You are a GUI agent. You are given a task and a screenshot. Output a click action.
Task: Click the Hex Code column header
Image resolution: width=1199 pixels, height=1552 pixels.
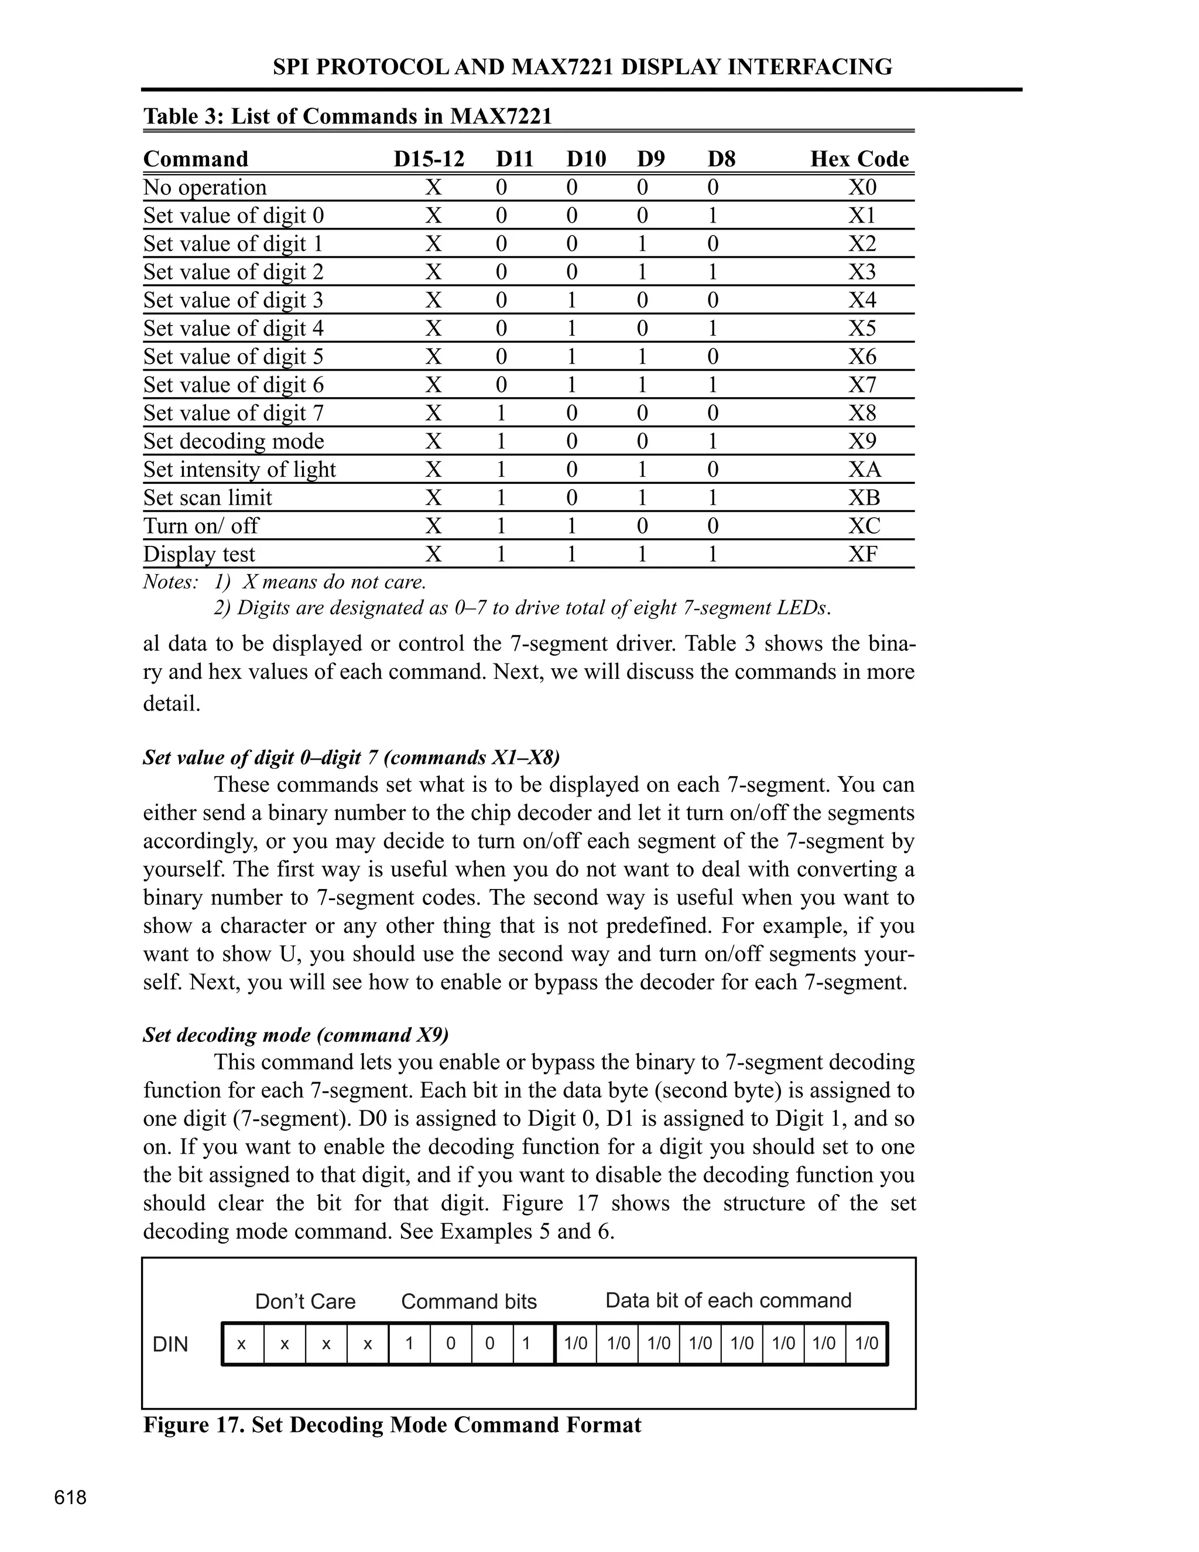click(x=859, y=159)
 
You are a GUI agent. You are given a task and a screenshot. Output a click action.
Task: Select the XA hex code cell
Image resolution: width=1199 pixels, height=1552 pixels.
click(x=864, y=470)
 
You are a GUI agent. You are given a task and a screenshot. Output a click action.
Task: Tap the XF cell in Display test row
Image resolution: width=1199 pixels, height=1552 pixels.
click(x=862, y=554)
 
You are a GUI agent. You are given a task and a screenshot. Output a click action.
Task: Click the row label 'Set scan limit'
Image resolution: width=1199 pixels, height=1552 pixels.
click(x=207, y=497)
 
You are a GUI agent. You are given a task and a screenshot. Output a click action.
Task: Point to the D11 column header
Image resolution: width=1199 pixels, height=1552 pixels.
click(x=514, y=159)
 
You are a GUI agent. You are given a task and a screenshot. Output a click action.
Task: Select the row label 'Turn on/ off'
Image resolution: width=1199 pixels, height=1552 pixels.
click(x=201, y=526)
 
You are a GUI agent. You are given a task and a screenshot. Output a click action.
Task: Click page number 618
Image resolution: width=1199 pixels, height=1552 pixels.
click(x=70, y=1498)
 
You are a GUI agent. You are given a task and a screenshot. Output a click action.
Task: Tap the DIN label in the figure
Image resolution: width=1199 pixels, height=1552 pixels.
click(x=170, y=1345)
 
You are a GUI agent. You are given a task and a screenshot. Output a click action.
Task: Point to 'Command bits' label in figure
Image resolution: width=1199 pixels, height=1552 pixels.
click(x=469, y=1301)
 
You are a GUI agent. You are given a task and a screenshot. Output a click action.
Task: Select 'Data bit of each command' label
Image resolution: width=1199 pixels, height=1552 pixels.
click(x=728, y=1300)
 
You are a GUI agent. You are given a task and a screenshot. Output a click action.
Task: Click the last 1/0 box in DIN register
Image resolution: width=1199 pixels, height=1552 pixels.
click(x=866, y=1344)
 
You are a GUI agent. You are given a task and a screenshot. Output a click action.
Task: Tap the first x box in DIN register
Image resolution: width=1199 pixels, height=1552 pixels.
click(x=242, y=1344)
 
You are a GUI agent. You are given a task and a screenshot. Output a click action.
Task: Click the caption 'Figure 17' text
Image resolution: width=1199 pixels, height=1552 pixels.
click(x=392, y=1425)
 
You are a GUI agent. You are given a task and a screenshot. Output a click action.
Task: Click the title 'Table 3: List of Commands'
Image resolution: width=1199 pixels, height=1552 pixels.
click(x=347, y=116)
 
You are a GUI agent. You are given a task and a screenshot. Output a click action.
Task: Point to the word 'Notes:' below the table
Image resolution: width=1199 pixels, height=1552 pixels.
click(x=170, y=583)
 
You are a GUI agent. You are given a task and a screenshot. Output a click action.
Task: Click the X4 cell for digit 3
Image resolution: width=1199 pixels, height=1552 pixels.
click(x=862, y=300)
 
